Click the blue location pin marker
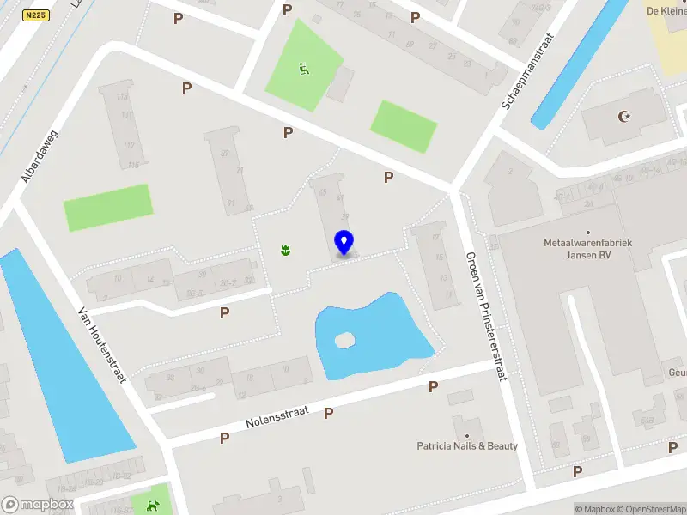click(x=344, y=243)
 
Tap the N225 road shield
click(x=37, y=15)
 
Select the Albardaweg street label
click(x=38, y=156)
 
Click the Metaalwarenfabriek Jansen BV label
click(x=588, y=249)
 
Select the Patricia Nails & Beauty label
click(x=467, y=445)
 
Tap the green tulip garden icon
click(x=284, y=250)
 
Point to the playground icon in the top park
click(x=303, y=69)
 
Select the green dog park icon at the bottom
click(x=154, y=506)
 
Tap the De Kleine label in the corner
click(x=666, y=11)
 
